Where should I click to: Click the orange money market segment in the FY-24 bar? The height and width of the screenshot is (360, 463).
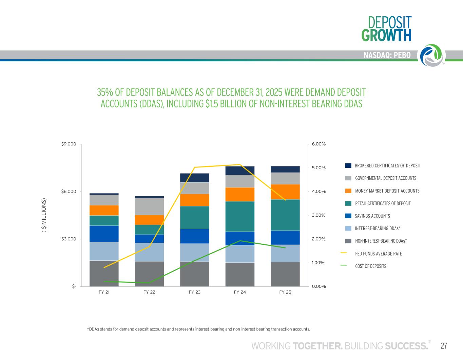pos(240,194)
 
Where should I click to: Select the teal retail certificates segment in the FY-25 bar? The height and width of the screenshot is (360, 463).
pos(285,215)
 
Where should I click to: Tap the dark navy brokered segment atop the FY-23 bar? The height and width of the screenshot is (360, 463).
pos(195,178)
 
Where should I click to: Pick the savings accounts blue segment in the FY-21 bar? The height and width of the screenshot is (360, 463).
pos(104,234)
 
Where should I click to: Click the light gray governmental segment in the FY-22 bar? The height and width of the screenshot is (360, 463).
pos(149,206)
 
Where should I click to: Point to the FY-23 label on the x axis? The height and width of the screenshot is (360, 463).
pos(195,292)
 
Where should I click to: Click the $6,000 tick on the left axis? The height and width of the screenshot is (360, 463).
pos(69,192)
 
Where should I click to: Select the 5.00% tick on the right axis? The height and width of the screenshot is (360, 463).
pos(319,168)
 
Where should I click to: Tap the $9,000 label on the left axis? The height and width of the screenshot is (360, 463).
pos(69,144)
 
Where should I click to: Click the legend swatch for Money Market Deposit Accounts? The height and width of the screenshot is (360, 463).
pos(348,191)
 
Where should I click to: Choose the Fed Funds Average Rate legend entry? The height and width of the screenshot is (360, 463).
pos(371,254)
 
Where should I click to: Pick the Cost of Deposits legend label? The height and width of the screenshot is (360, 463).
pos(370,266)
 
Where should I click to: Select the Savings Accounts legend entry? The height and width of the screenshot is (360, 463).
pos(368,216)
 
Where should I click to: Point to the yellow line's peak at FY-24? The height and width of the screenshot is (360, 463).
pos(240,164)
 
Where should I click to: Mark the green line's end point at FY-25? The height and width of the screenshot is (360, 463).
pos(285,248)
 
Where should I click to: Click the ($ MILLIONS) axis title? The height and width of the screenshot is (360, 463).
pos(44,215)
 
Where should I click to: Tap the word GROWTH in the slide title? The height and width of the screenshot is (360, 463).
pos(386,35)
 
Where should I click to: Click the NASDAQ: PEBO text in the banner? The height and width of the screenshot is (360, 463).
pos(387,55)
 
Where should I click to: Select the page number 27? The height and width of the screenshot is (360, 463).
pos(444,346)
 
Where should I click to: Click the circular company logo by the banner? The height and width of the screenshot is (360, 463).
pos(433,55)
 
